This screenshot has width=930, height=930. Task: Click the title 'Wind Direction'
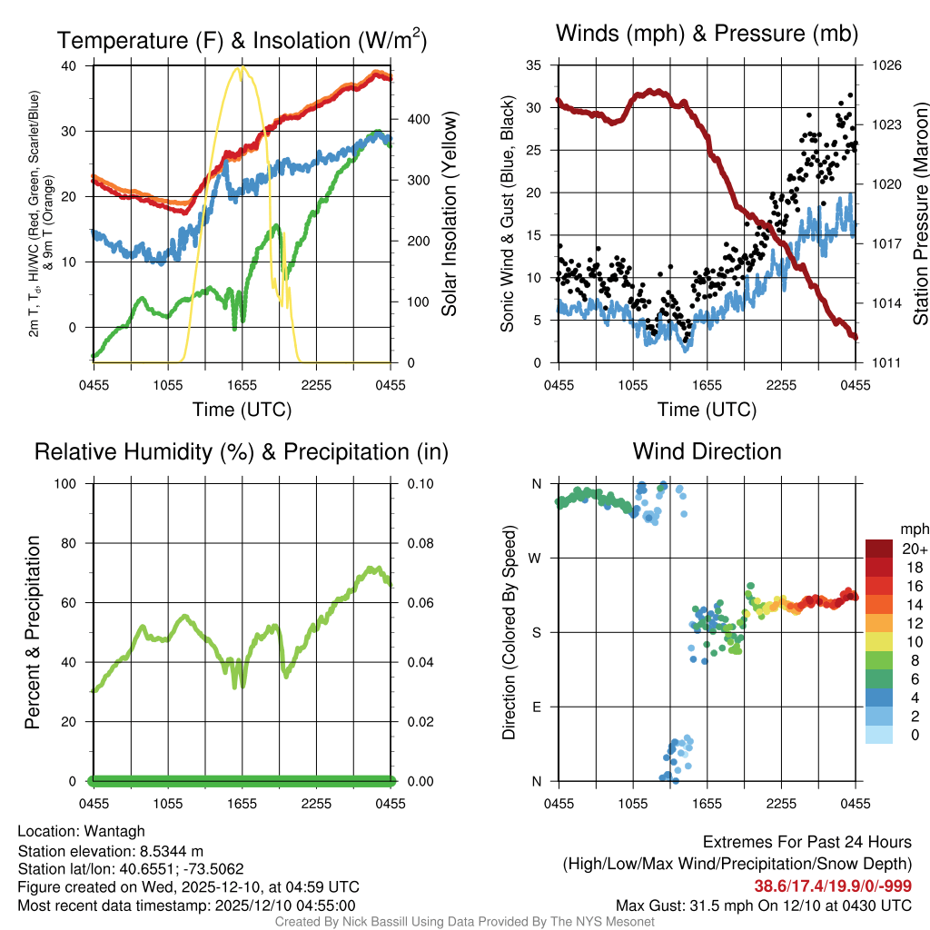pyautogui.click(x=707, y=451)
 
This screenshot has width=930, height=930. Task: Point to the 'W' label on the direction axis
pyautogui.click(x=537, y=558)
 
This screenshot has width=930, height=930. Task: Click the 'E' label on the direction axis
pyautogui.click(x=537, y=707)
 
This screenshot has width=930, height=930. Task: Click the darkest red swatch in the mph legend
pyautogui.click(x=879, y=549)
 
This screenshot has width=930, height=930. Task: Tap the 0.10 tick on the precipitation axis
pyautogui.click(x=419, y=483)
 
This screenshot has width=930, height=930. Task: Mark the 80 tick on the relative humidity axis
pyautogui.click(x=71, y=543)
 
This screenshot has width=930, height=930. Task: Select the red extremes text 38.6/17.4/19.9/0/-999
pyautogui.click(x=832, y=885)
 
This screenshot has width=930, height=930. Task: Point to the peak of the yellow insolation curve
pyautogui.click(x=240, y=67)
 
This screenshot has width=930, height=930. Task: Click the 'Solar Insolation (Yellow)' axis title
pyautogui.click(x=449, y=214)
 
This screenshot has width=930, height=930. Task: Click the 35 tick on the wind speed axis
pyautogui.click(x=534, y=65)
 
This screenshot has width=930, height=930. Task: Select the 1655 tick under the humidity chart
pyautogui.click(x=242, y=803)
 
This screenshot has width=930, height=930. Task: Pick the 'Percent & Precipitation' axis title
pyautogui.click(x=33, y=632)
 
